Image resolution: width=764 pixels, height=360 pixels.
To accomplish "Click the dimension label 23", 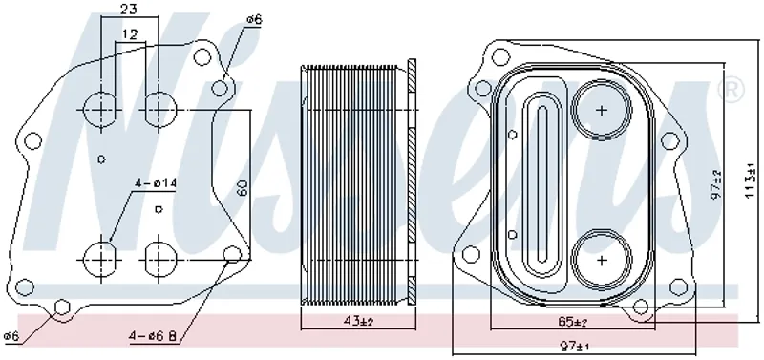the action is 129,9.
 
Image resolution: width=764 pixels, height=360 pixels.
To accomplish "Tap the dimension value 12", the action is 130,34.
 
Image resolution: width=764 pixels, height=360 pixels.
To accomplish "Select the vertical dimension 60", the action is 243,187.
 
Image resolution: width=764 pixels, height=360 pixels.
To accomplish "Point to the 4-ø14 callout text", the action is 156,183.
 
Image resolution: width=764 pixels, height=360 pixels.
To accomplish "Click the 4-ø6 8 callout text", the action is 153,335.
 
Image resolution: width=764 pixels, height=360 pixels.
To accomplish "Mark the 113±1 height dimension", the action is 752,180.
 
